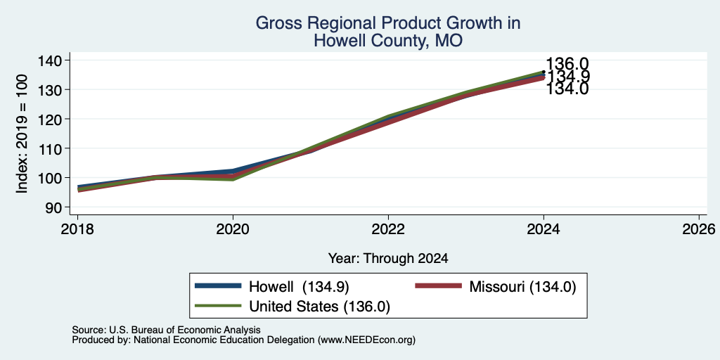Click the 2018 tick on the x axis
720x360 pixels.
[x=77, y=229]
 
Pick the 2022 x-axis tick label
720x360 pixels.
[x=388, y=229]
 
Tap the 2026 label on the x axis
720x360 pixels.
[x=699, y=229]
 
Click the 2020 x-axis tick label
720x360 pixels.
[x=233, y=229]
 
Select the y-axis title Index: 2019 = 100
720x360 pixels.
[x=22, y=134]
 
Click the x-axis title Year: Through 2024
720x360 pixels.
[x=388, y=259]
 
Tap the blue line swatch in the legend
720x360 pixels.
[x=218, y=286]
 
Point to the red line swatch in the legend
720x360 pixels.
[x=439, y=286]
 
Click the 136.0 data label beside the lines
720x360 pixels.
[x=567, y=64]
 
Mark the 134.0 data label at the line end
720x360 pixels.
[x=567, y=89]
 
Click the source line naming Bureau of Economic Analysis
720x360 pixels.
[x=166, y=330]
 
